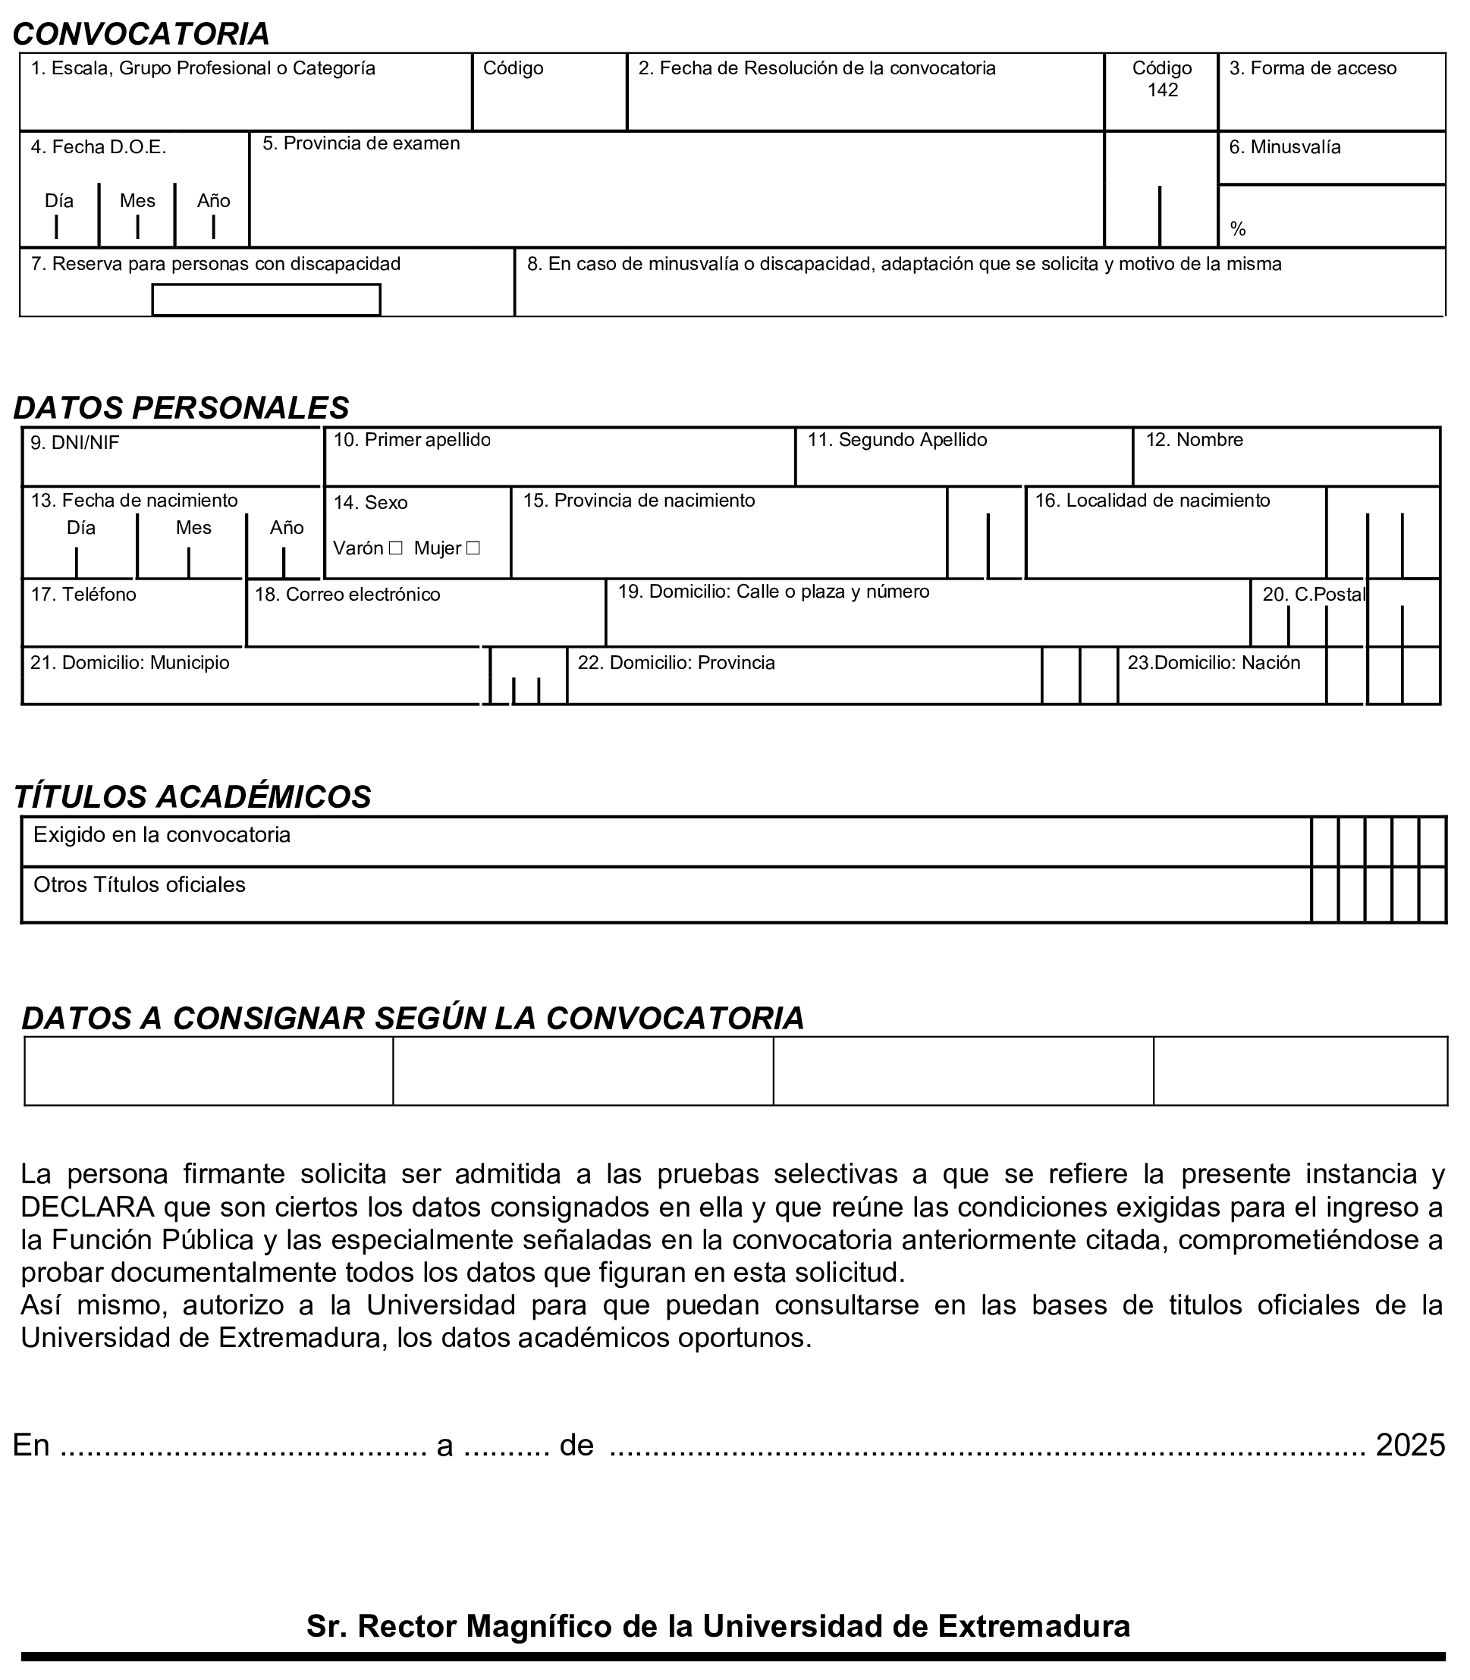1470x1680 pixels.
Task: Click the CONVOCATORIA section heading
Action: click(141, 33)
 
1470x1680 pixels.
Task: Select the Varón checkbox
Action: click(395, 548)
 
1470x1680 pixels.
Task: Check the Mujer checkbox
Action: click(473, 548)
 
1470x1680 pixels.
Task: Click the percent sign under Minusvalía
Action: click(1238, 230)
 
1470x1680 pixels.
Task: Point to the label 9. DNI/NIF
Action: click(74, 443)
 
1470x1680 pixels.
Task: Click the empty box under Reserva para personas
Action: click(265, 300)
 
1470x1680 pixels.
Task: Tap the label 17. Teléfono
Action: click(83, 594)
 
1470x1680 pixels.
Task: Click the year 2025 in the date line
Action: click(1410, 1444)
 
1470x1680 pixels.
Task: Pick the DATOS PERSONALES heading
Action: click(181, 408)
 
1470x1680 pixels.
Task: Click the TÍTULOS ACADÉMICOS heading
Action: click(192, 796)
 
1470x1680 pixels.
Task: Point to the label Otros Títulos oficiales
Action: click(140, 884)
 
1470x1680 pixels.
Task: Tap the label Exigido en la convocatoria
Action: click(162, 834)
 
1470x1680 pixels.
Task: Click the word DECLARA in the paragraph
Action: click(87, 1207)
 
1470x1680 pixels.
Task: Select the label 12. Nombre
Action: click(1194, 440)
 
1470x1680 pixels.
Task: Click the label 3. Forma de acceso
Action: click(1312, 68)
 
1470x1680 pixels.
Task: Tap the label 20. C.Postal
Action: click(1313, 594)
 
